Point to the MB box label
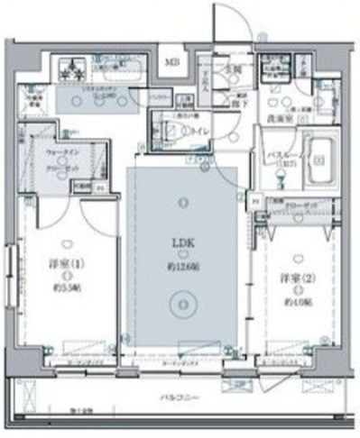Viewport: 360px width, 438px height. tap(170, 63)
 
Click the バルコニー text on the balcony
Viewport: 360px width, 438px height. tap(180, 397)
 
